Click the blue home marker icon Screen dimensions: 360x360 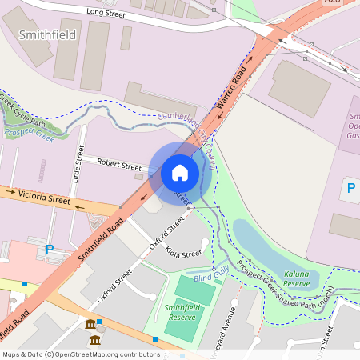click(180, 172)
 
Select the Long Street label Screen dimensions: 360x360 click(106, 13)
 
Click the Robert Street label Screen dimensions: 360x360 click(118, 165)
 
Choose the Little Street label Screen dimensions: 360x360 click(78, 164)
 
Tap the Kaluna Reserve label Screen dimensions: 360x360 click(296, 278)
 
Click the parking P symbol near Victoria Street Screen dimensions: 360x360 click(50, 250)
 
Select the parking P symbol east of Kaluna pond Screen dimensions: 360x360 click(350, 189)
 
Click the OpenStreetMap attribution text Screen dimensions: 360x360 click(80, 354)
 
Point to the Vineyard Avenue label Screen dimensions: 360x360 click(233, 328)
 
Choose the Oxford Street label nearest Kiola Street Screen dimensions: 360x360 click(167, 234)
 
